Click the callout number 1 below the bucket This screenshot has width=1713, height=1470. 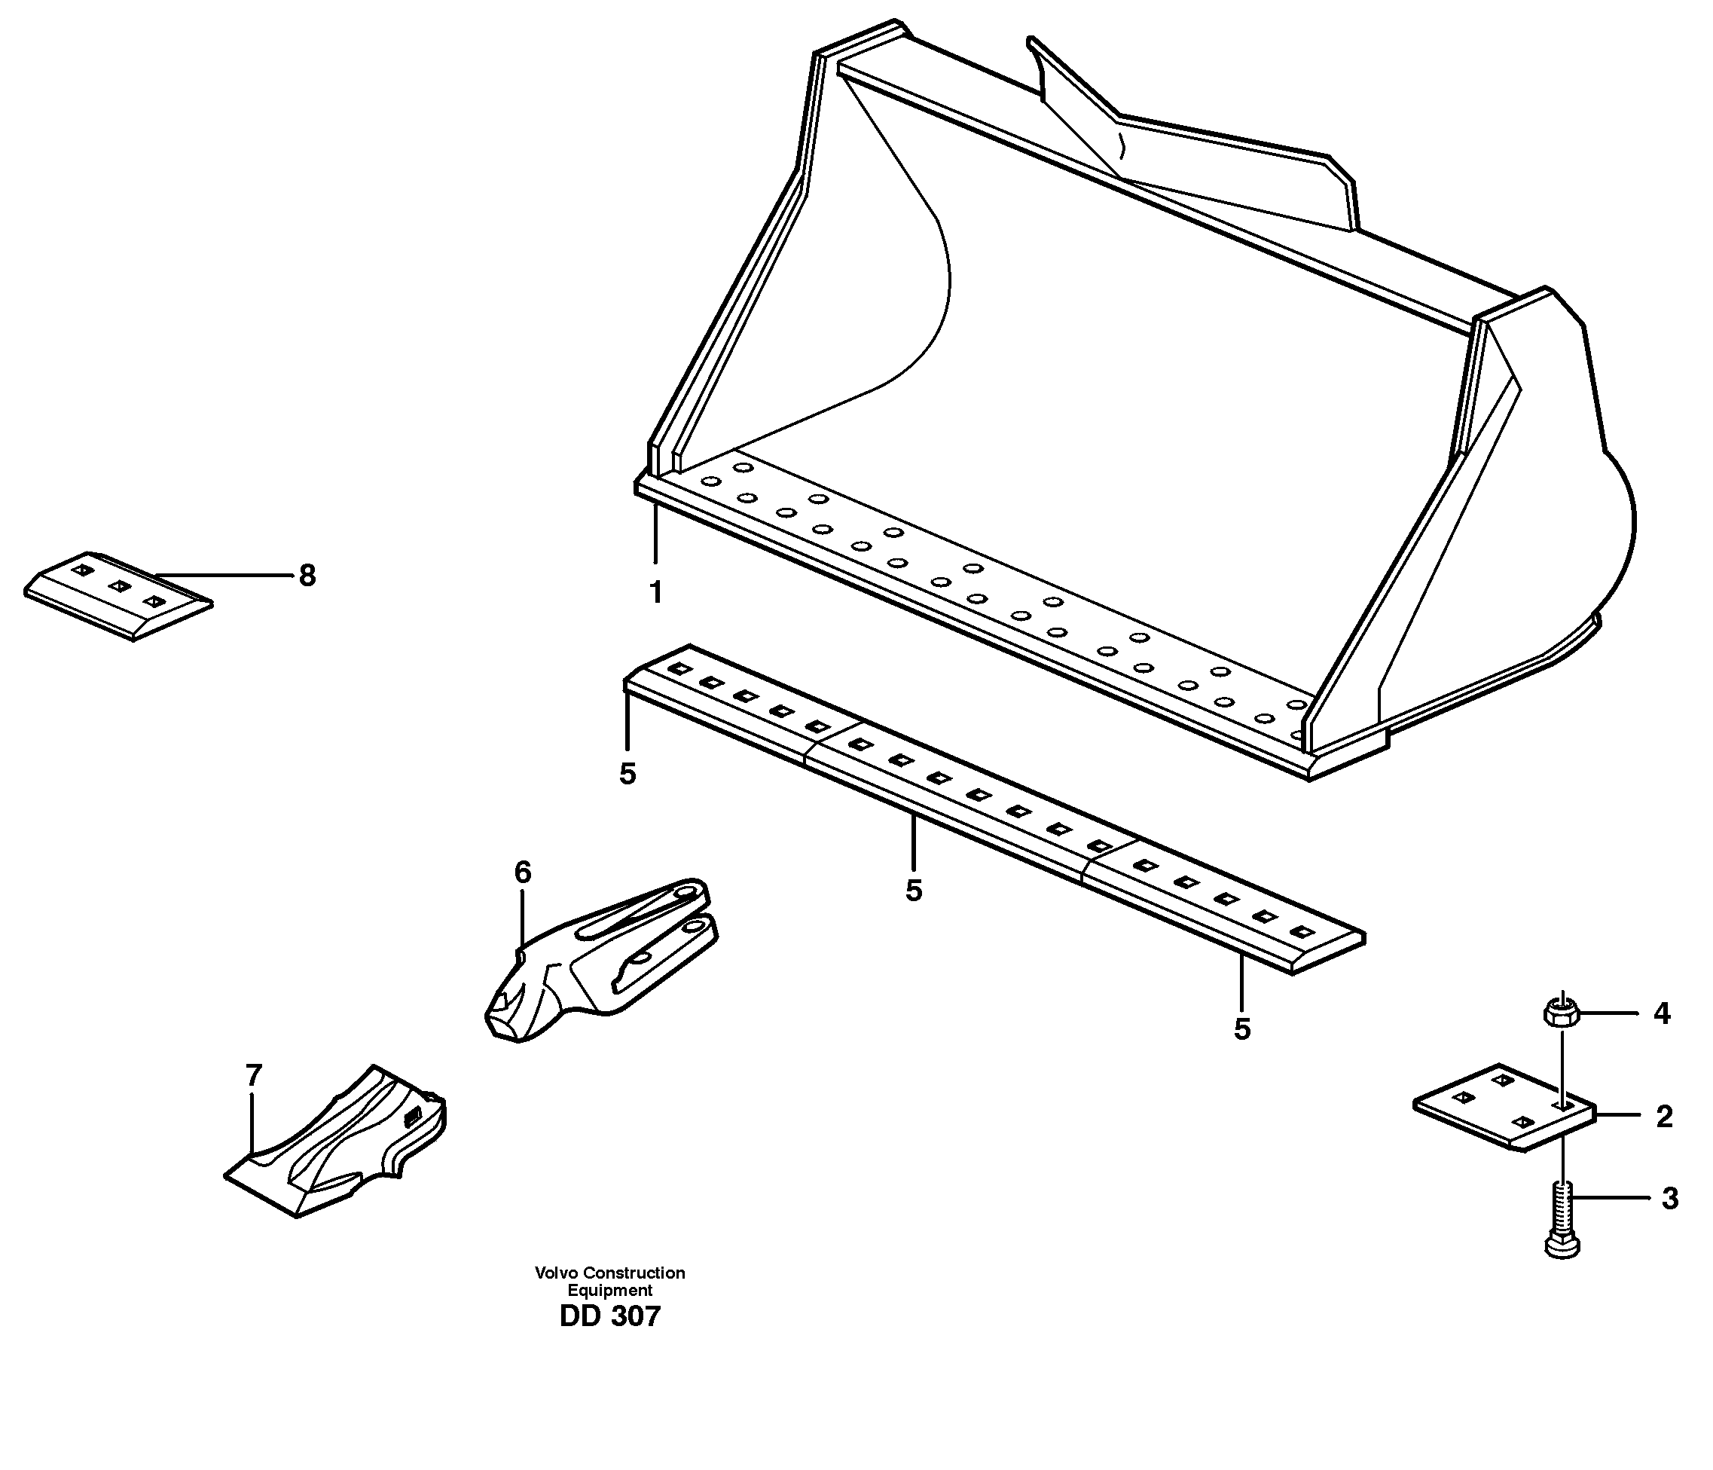[x=655, y=593]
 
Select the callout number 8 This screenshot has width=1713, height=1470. [x=307, y=576]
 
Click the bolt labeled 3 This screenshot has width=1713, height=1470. [x=1562, y=1225]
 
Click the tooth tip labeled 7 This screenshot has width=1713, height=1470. [x=339, y=1145]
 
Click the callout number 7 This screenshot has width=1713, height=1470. [x=254, y=1076]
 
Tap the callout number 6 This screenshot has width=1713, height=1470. [x=523, y=873]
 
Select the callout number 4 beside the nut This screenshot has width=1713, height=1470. [x=1662, y=1013]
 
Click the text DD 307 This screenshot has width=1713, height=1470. [x=610, y=1317]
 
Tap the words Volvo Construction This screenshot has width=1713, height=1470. [x=610, y=1273]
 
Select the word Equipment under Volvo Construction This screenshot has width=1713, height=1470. [x=610, y=1291]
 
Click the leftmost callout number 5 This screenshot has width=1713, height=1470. [x=627, y=774]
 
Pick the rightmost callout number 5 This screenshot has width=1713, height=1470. [x=1241, y=1029]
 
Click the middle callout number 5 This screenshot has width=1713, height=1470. [x=913, y=891]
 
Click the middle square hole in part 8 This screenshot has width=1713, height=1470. [x=119, y=586]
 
